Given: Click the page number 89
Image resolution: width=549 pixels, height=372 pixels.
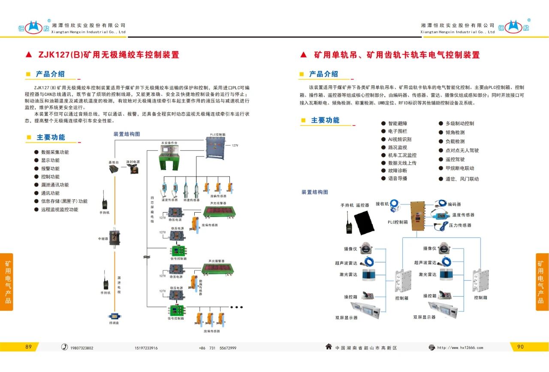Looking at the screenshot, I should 28,347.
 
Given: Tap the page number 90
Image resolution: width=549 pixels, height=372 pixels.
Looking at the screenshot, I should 520,347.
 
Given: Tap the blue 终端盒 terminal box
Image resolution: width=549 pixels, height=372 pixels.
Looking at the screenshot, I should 114,315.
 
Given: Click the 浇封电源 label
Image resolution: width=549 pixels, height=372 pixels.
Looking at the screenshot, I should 133,162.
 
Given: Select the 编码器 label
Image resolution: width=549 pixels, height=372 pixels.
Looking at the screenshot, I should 454,204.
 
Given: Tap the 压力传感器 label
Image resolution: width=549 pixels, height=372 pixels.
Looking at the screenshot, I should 460,225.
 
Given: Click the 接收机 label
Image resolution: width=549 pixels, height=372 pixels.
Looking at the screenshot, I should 382,204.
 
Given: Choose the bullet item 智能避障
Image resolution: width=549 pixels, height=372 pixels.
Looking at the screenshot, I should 397,123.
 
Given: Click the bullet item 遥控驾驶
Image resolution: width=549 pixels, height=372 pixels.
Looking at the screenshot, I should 455,159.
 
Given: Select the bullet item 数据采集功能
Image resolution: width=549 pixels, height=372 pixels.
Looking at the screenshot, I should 54,152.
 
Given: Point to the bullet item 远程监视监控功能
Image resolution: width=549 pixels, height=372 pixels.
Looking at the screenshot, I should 59,210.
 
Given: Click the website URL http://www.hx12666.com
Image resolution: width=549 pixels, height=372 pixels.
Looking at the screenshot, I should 460,348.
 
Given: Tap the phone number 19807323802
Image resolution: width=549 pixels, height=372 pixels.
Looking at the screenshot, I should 81,348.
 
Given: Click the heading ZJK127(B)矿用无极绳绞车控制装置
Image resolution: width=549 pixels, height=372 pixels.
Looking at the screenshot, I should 109,55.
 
